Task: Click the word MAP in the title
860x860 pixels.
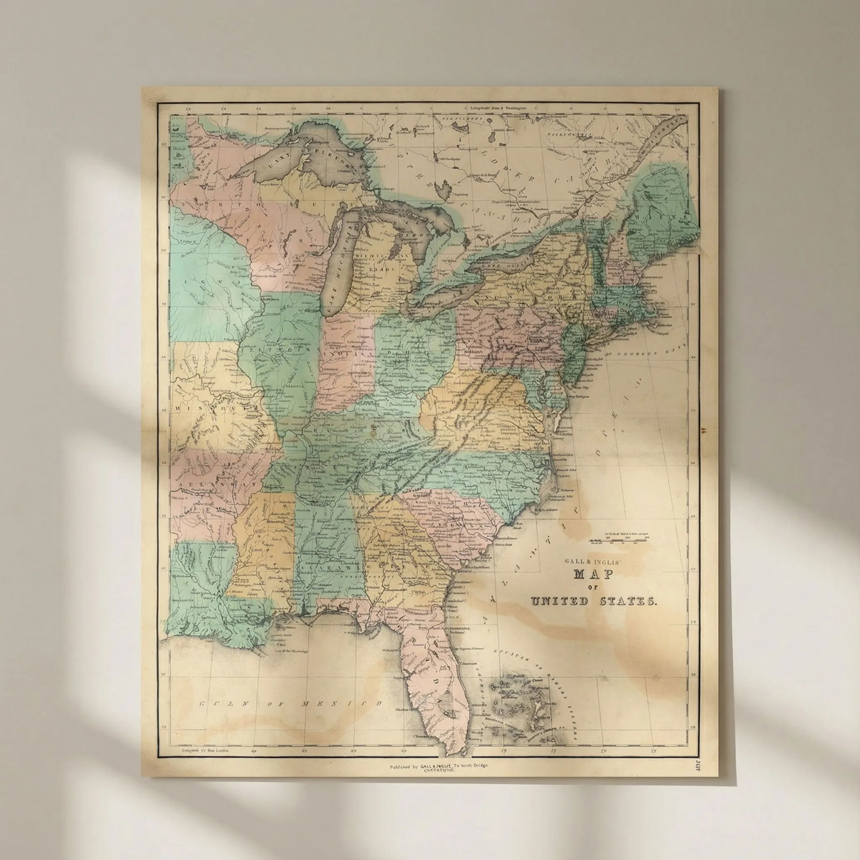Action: [x=589, y=574]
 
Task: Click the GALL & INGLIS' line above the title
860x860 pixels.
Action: [x=590, y=561]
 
